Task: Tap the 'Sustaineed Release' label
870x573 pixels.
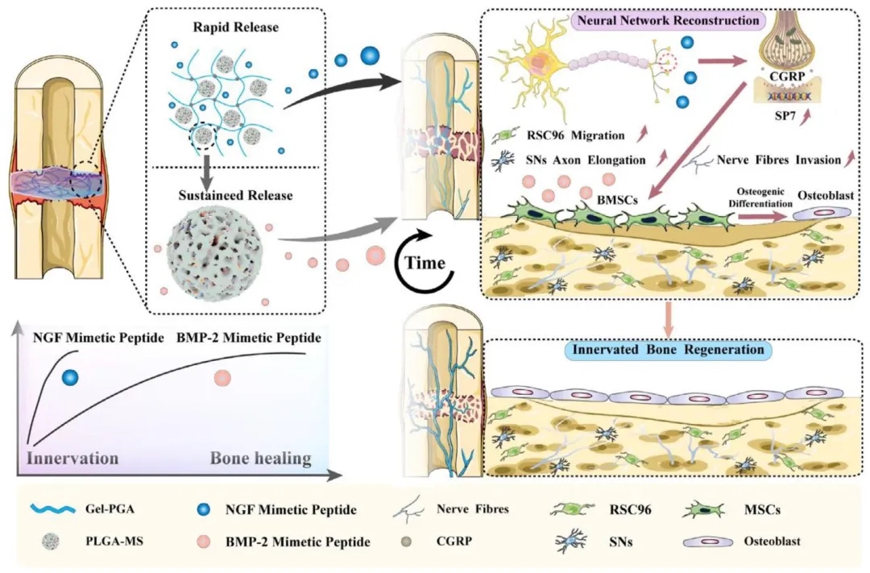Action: point(236,196)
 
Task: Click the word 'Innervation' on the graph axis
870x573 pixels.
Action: point(74,458)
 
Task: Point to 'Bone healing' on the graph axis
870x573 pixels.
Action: point(260,458)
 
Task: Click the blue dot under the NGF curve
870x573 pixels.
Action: point(71,376)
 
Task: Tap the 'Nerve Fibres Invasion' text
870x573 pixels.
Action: point(777,160)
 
